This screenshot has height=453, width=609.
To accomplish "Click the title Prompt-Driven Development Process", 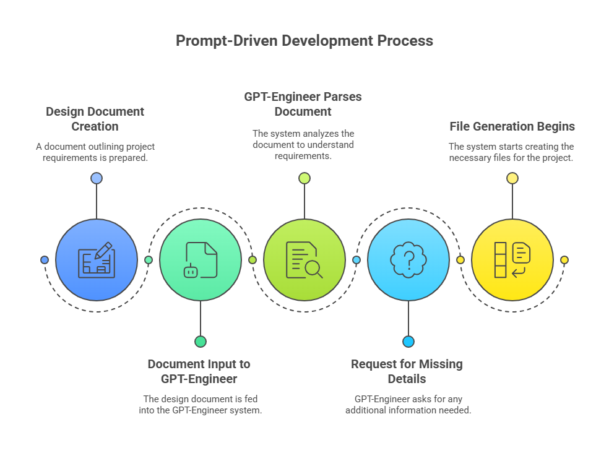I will [304, 41].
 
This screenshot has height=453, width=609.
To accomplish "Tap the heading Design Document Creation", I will [95, 119].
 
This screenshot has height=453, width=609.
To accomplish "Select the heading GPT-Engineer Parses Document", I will [303, 104].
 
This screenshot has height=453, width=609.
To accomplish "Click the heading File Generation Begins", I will [512, 126].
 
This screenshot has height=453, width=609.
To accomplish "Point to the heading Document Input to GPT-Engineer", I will [199, 371].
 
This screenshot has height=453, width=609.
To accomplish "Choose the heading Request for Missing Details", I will [407, 371].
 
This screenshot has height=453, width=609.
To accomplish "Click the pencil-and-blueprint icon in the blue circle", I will [97, 260].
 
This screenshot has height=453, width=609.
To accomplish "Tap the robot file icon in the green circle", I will [201, 260].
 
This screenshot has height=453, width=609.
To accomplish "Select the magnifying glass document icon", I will [304, 260].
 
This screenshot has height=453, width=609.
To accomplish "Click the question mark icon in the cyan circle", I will [408, 260].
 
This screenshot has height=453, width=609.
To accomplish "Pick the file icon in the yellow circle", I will [512, 260].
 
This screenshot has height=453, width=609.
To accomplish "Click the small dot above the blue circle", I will [97, 178].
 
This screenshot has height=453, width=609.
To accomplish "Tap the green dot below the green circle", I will [201, 342].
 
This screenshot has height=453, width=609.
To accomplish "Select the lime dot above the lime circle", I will [304, 178].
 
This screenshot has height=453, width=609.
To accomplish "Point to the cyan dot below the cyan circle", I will [408, 342].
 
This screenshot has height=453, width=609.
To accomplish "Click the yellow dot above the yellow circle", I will [512, 178].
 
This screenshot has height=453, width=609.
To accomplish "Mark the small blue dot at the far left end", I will [45, 260].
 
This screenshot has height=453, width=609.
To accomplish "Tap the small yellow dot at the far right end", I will [564, 260].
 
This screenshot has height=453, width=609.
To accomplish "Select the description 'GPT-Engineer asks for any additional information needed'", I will [408, 405].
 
